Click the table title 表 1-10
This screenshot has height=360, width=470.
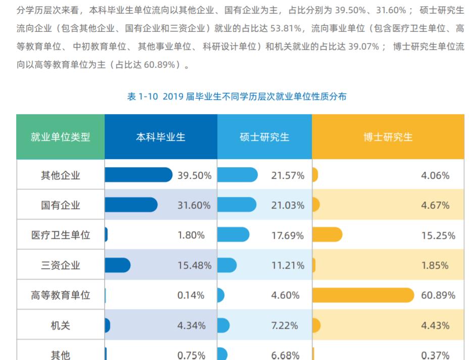pos(237,96)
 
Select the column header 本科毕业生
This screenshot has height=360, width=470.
pos(161,137)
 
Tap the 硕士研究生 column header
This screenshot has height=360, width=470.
pos(264,137)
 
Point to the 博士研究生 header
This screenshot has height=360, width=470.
pos(388,137)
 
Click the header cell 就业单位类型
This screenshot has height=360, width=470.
pos(60,137)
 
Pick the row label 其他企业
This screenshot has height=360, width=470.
pos(60,175)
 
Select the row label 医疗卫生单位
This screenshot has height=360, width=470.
pos(60,235)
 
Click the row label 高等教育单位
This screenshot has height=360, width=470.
pos(60,295)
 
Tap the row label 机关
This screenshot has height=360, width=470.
pos(60,325)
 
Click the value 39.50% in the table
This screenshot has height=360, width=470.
pos(194,175)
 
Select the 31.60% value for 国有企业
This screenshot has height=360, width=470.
pos(194,205)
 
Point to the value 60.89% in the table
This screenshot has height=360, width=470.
pos(438,295)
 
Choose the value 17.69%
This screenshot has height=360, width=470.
pos(288,235)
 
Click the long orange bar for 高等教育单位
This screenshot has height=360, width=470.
pos(363,295)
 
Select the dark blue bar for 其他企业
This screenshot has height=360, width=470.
pos(138,175)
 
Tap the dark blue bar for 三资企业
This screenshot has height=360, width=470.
pos(117,265)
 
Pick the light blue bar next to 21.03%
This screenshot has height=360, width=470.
pos(237,204)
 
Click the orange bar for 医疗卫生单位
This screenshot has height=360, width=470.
pos(327,235)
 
